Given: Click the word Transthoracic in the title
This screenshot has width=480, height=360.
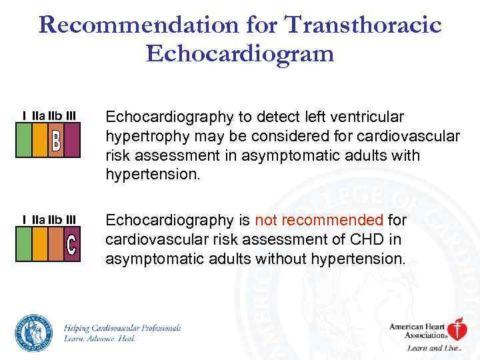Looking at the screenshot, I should [363, 25].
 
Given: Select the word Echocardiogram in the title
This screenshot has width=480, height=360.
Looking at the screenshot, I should [240, 53].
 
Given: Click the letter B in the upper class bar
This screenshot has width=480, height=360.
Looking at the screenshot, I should [56, 141].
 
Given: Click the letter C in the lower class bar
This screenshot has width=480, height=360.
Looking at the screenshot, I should [72, 245].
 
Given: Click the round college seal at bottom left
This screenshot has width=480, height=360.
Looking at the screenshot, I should [34, 332].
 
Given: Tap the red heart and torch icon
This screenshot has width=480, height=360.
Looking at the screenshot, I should [456, 330].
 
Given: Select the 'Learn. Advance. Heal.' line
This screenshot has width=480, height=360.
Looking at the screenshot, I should [100, 339].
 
